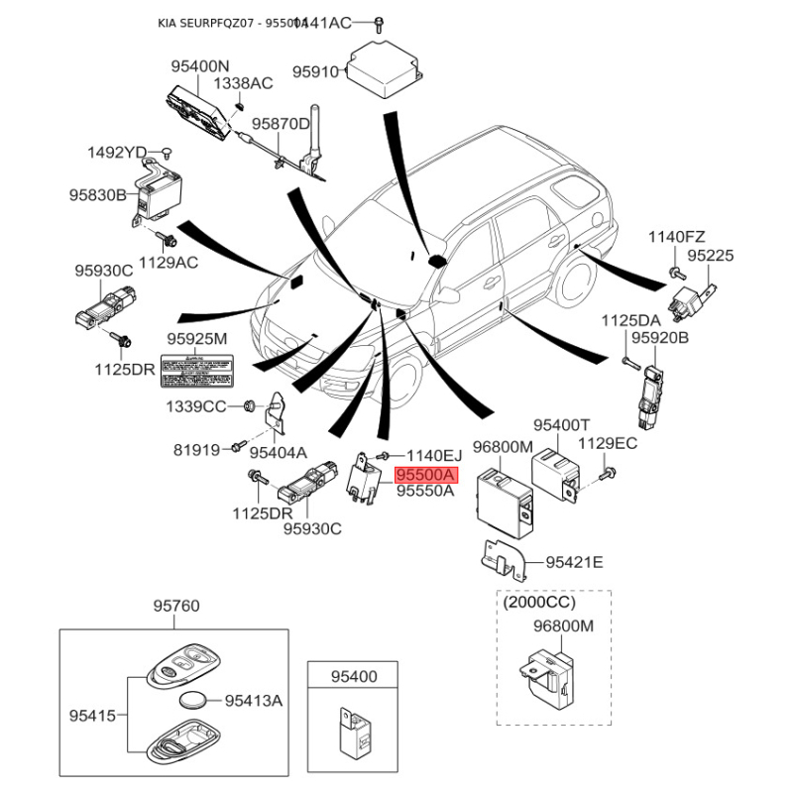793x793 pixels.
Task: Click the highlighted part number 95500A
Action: click(x=425, y=475)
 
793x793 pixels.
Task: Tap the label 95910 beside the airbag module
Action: click(x=316, y=71)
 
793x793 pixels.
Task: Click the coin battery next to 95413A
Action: click(x=197, y=701)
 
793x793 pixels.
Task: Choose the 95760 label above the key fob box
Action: click(x=176, y=606)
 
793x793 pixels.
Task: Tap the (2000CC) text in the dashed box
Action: click(x=540, y=602)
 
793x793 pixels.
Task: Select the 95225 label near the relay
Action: click(x=712, y=256)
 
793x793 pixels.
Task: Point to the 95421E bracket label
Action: click(x=575, y=563)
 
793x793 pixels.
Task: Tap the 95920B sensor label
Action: click(x=660, y=339)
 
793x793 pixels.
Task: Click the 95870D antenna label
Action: click(x=281, y=125)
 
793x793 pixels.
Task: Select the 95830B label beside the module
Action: click(x=98, y=195)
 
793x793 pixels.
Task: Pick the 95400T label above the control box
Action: click(x=562, y=425)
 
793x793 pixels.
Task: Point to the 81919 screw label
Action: click(x=196, y=449)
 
